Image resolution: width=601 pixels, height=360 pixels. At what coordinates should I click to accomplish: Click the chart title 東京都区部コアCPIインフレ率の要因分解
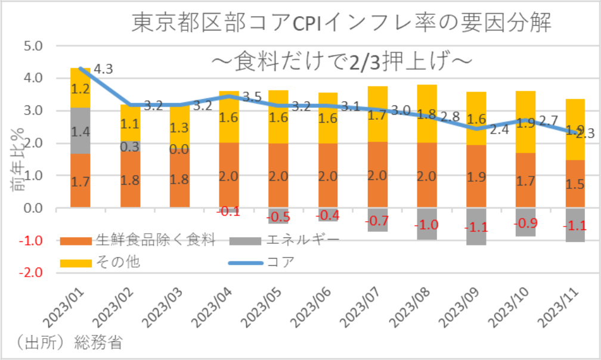click(340, 24)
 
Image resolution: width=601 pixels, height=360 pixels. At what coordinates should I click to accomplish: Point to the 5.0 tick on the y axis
click(33, 46)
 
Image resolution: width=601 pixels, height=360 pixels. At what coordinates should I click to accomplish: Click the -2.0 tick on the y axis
click(32, 273)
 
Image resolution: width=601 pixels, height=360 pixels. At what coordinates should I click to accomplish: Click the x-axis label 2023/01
click(67, 309)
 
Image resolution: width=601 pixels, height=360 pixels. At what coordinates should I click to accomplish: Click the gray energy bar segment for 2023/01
click(80, 131)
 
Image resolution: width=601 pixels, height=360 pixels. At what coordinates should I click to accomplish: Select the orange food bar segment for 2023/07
click(378, 175)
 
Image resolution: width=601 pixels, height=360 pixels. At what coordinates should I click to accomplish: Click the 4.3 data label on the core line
click(103, 69)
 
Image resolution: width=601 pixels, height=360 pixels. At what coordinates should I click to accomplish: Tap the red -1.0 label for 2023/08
click(427, 225)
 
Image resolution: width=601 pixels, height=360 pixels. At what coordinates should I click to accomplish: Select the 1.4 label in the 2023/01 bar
click(80, 131)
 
